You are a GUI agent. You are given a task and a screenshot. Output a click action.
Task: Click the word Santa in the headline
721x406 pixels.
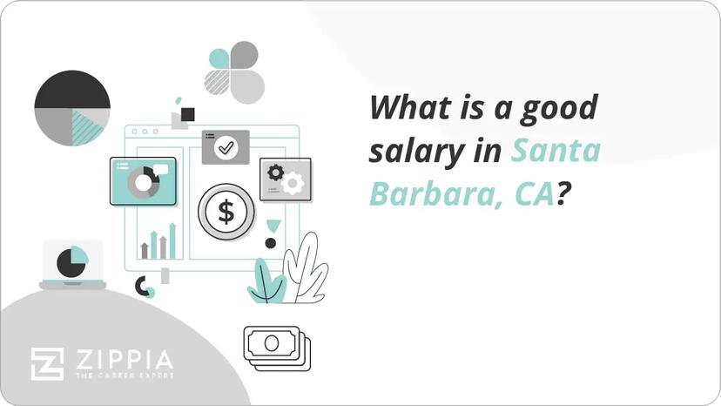point(556,151)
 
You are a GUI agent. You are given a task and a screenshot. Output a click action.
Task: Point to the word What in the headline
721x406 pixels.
point(408,109)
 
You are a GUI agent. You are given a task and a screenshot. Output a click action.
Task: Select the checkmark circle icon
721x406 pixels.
point(226,148)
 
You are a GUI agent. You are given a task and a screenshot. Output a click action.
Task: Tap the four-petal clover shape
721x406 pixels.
point(234,71)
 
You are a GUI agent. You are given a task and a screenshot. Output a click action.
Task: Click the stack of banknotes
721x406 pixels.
point(277,348)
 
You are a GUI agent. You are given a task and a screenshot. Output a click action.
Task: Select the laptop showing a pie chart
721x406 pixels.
point(73,264)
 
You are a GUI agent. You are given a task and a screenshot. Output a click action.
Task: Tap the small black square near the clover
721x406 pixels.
point(187,114)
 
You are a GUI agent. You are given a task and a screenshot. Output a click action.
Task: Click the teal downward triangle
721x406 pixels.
point(273,226)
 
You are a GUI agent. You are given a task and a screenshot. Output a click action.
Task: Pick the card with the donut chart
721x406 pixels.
point(143,181)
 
